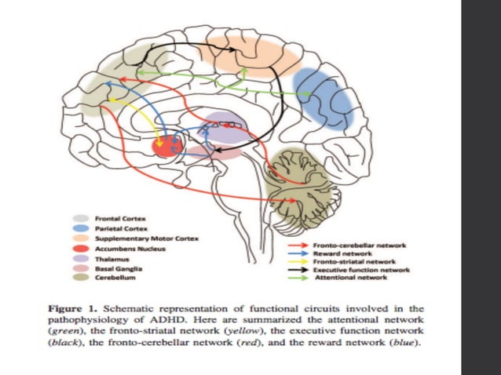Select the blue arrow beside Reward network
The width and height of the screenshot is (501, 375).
(298, 253)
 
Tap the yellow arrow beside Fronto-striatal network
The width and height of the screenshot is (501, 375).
(298, 261)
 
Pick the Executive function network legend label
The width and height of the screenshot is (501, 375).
(361, 269)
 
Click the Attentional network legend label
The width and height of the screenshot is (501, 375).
(349, 277)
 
